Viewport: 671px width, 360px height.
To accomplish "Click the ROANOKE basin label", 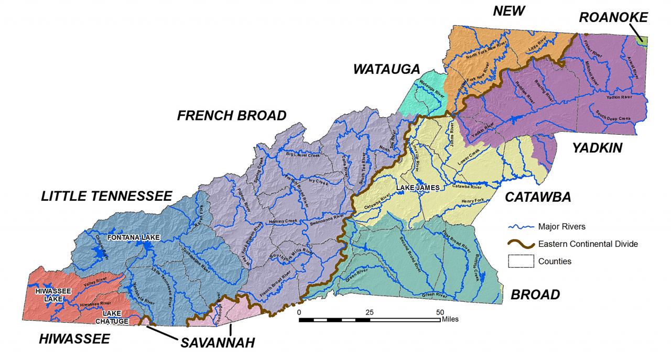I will [613, 18].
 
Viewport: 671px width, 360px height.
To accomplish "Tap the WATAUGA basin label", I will [386, 69].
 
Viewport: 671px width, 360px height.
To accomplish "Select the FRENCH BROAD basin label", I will [232, 116].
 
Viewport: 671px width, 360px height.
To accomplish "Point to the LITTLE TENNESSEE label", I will [107, 196].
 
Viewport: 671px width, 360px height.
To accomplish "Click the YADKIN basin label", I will [597, 148].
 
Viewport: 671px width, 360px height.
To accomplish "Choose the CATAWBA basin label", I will [537, 197].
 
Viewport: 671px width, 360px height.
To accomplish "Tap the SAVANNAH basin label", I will [218, 343].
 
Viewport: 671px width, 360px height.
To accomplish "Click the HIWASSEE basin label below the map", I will [74, 340].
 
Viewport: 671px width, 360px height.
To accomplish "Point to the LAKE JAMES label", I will [417, 187].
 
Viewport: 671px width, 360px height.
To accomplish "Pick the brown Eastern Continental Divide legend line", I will [521, 244].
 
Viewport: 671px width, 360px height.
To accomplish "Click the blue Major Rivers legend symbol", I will [521, 227].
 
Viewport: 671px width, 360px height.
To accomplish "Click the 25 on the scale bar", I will [370, 312].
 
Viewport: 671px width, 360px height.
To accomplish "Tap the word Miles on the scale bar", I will [450, 319].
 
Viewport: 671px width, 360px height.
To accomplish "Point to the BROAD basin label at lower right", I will [535, 295].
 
